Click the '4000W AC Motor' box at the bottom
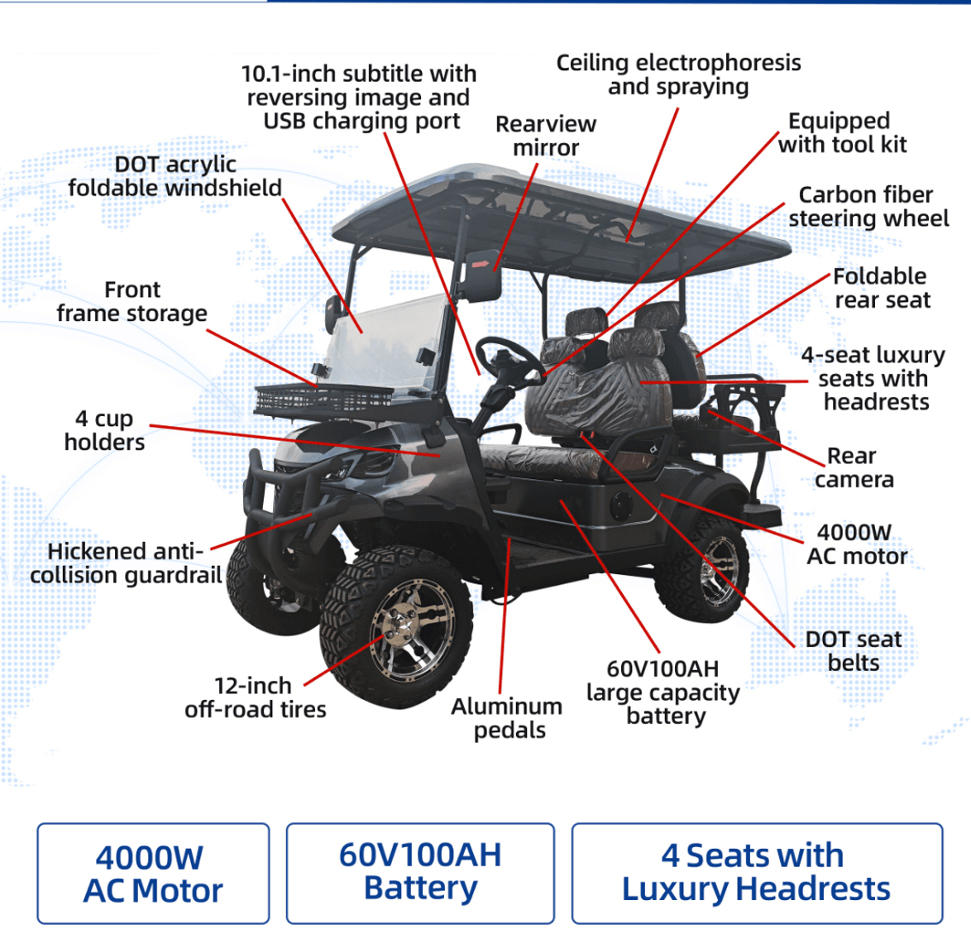[x=153, y=874]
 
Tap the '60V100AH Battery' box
[x=420, y=872]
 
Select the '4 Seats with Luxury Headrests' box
[x=756, y=872]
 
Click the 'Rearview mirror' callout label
[x=546, y=136]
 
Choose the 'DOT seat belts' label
[x=854, y=650]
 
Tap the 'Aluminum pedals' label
[x=507, y=718]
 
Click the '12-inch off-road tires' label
[x=255, y=697]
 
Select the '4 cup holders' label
[x=104, y=430]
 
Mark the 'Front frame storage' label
[x=132, y=301]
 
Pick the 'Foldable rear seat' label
[x=882, y=288]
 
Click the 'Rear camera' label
[x=854, y=467]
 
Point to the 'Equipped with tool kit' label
[x=842, y=132]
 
